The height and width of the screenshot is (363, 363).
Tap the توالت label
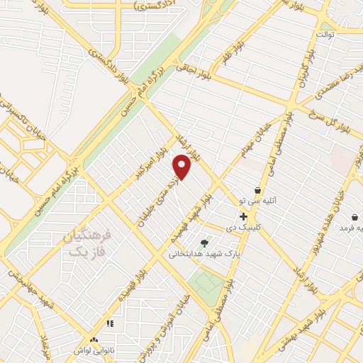(325, 34)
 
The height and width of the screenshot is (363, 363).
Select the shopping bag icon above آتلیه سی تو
(257, 190)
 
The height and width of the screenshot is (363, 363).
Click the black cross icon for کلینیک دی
(243, 216)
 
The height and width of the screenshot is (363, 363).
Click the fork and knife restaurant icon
(109, 323)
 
